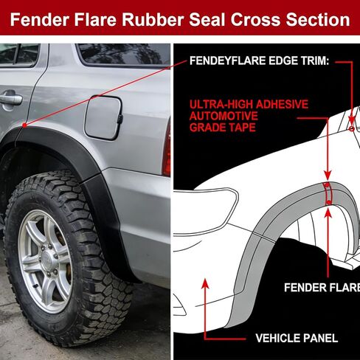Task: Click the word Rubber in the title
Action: tap(153, 19)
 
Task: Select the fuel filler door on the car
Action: tap(103, 117)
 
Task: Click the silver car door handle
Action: tap(11, 99)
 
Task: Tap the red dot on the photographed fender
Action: tap(24, 125)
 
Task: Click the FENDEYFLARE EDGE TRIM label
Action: tap(259, 60)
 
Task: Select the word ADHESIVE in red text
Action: tap(282, 104)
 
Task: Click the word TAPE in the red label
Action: tap(242, 128)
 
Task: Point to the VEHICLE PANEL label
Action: tap(297, 338)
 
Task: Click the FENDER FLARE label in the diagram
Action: tap(322, 287)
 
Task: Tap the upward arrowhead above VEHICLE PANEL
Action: tap(206, 283)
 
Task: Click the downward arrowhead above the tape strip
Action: tap(328, 175)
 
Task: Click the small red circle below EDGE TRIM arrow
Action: tap(352, 129)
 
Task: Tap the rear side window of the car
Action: tap(124, 55)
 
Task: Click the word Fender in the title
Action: tap(39, 19)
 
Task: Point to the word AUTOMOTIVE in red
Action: tap(224, 116)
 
